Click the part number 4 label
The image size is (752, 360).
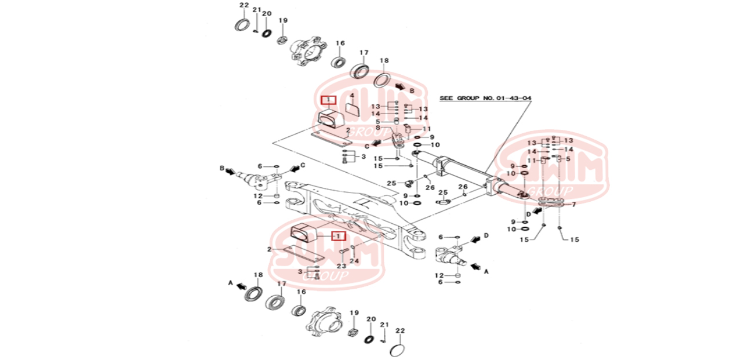(351, 96)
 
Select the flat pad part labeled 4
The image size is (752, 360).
(352, 108)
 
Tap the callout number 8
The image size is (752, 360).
(377, 128)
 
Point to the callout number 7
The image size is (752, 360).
(573, 205)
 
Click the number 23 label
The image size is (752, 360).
(342, 266)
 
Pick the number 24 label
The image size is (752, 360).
(354, 261)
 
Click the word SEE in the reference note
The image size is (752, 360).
(446, 99)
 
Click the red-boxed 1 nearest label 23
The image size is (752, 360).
(337, 236)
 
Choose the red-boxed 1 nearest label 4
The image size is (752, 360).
(329, 100)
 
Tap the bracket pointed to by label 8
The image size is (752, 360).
(398, 140)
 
